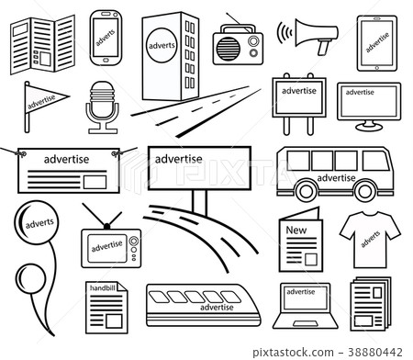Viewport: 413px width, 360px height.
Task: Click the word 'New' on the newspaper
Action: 296,230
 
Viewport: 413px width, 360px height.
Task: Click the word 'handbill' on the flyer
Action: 102,288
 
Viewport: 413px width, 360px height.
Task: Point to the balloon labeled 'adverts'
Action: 38,225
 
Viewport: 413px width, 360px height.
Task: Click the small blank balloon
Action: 31,279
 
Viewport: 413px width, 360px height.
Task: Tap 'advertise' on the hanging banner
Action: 61,158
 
